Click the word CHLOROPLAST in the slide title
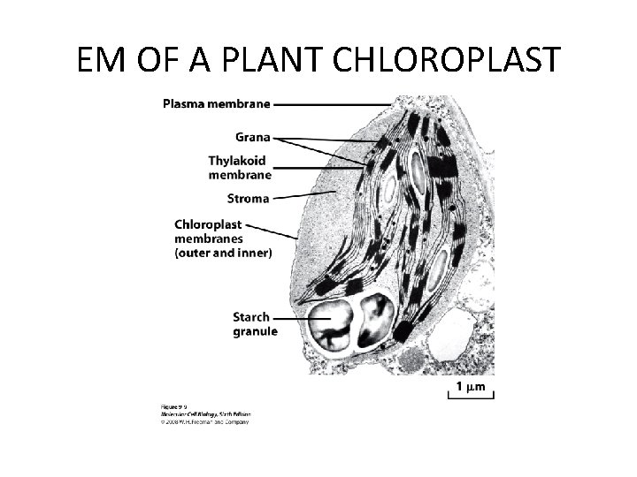click(x=448, y=61)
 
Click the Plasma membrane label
click(x=216, y=103)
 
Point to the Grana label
click(x=252, y=137)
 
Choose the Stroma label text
click(x=248, y=199)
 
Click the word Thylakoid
click(x=237, y=161)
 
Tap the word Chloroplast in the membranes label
click(x=208, y=224)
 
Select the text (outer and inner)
click(x=223, y=253)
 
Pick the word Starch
click(x=251, y=317)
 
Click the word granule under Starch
click(x=255, y=331)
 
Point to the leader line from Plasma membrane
click(x=332, y=104)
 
